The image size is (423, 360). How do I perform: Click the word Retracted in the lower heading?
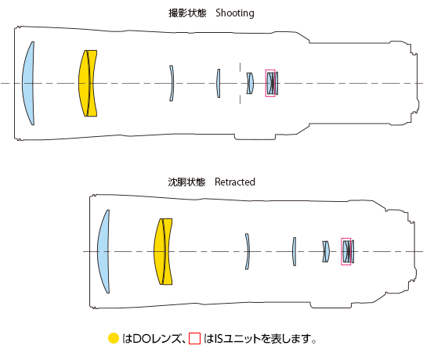click(234, 182)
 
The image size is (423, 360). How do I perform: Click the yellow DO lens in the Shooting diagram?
click(89, 83)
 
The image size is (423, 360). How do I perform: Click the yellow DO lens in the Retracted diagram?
click(163, 251)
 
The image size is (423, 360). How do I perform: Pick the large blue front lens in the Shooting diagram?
click(29, 83)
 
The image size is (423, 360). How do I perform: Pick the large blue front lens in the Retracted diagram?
click(103, 251)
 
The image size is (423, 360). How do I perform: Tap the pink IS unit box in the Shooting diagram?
click(271, 83)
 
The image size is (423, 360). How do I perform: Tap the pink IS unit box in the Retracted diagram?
click(346, 251)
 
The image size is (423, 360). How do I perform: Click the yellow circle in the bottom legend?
click(113, 339)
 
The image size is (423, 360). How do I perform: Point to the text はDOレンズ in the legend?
click(150, 340)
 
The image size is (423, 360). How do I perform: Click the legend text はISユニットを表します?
click(259, 340)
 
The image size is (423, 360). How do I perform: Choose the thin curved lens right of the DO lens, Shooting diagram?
click(172, 83)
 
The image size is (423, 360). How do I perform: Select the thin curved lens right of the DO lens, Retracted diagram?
click(246, 251)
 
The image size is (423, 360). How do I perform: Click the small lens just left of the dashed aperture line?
click(219, 83)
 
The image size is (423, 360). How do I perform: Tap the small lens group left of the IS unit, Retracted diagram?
click(325, 251)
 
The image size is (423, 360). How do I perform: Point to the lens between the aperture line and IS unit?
click(250, 83)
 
